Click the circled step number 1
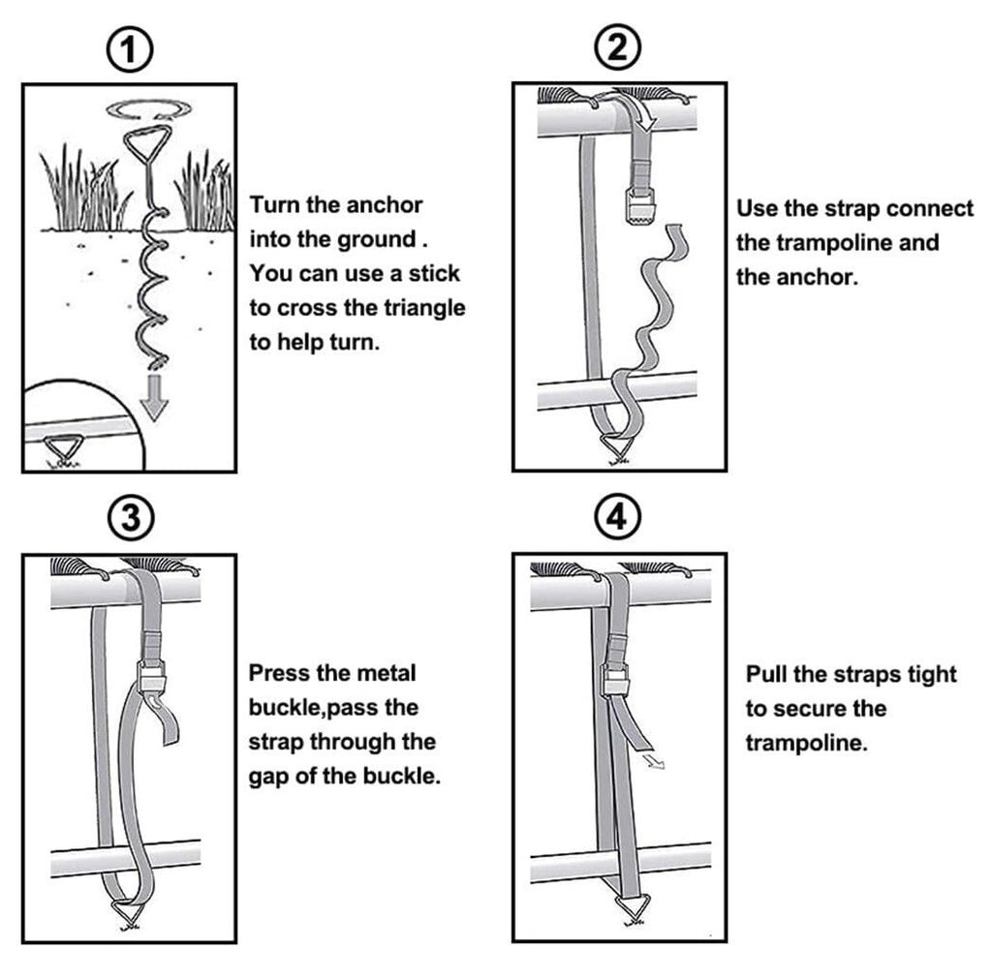click(x=129, y=48)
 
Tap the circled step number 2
click(x=618, y=47)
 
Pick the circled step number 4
click(x=618, y=516)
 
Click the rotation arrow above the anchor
click(x=148, y=110)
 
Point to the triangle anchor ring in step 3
click(x=128, y=911)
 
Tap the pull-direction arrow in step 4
click(x=652, y=759)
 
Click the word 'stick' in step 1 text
click(x=433, y=274)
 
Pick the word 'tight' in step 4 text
click(x=932, y=675)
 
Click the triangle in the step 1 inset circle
click(x=61, y=448)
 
